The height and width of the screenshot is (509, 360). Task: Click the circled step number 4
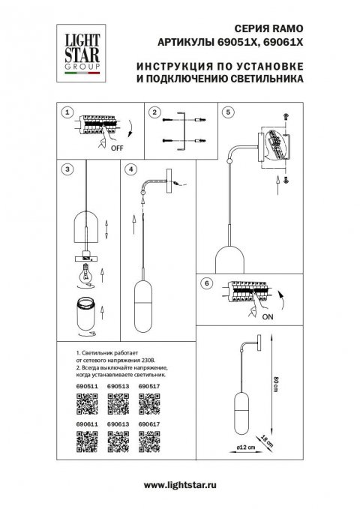[x=131, y=170]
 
